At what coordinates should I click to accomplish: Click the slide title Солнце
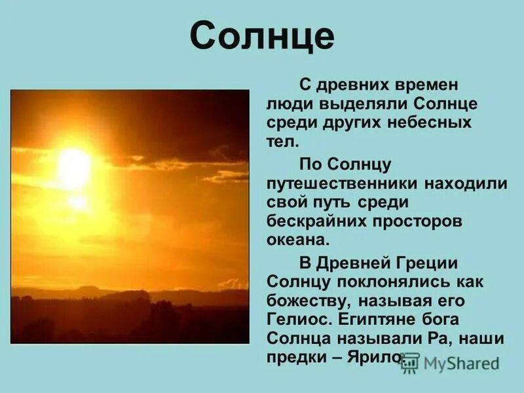[262, 38]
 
